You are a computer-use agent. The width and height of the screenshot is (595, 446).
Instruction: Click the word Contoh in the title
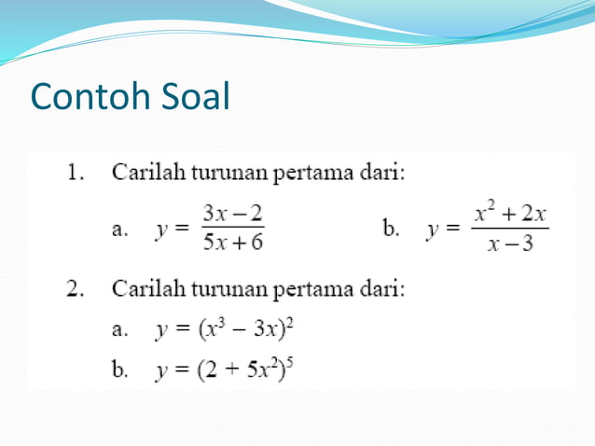click(85, 96)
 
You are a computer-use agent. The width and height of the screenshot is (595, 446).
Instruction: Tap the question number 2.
click(74, 288)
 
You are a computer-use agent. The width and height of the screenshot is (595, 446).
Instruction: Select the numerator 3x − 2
click(233, 214)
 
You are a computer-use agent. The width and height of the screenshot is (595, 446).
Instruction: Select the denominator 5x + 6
click(233, 243)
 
